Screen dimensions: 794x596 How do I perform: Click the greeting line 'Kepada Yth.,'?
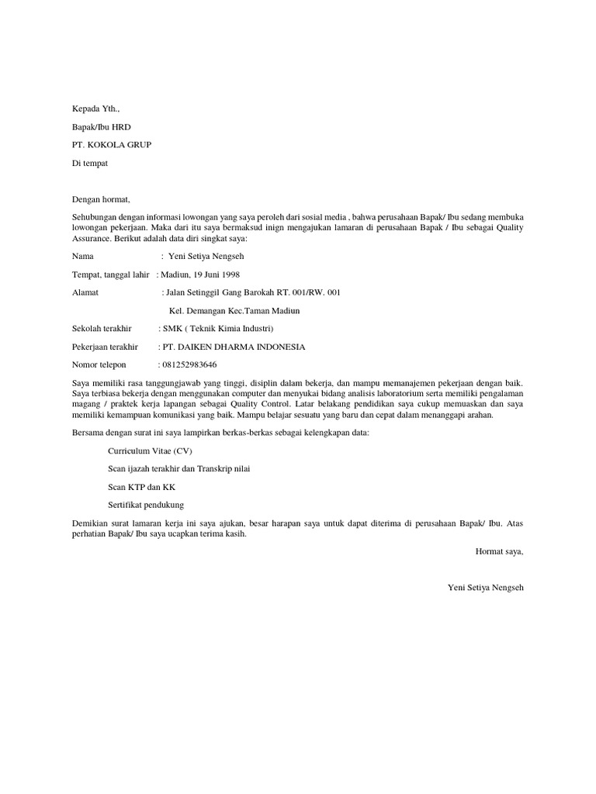[x=96, y=109]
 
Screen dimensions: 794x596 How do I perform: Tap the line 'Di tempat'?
[x=90, y=164]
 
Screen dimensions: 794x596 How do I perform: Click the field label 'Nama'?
[x=83, y=256]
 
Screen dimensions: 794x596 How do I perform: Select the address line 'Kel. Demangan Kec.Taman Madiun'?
[x=234, y=311]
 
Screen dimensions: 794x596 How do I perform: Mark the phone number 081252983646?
[x=189, y=364]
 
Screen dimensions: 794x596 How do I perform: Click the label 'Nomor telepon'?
[x=99, y=364]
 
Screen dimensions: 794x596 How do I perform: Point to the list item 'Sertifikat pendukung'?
[x=146, y=505]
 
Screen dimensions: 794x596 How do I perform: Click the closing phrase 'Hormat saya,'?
[x=499, y=551]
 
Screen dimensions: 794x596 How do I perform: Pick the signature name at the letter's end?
[x=486, y=588]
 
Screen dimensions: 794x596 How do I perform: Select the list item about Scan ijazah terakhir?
[x=178, y=469]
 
